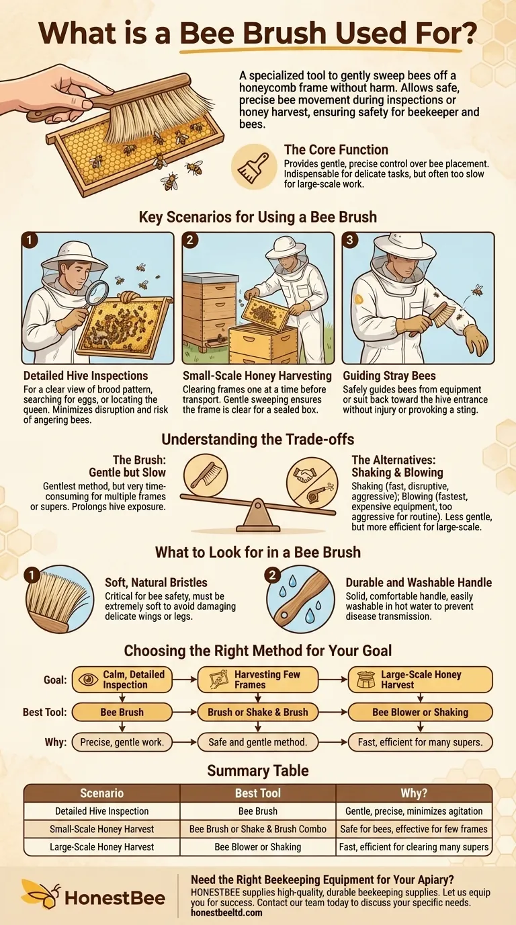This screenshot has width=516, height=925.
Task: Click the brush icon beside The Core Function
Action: [253, 168]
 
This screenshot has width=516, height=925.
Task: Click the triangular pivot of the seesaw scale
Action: [257, 519]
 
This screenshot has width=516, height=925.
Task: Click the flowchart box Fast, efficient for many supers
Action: [420, 742]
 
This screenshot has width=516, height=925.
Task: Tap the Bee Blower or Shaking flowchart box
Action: [420, 712]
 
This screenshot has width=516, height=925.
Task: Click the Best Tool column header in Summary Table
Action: [258, 793]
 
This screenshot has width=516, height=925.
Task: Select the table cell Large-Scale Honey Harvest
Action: [101, 847]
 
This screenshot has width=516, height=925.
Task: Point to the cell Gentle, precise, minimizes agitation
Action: [414, 811]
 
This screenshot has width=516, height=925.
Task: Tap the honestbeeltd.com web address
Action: [226, 913]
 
